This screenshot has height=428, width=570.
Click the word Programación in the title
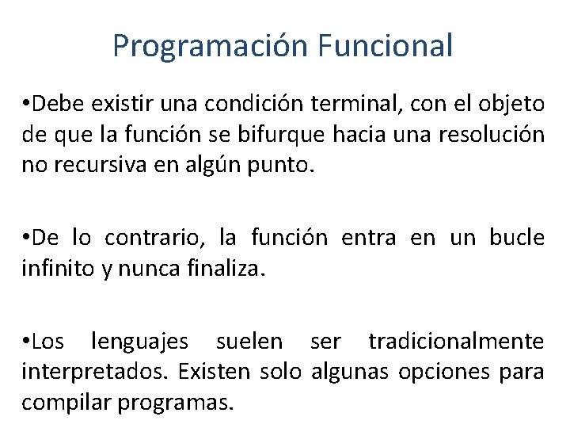click(x=209, y=46)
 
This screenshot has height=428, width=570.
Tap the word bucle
click(x=517, y=237)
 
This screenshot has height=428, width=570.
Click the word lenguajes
click(x=140, y=342)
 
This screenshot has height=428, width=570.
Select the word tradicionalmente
click(x=456, y=342)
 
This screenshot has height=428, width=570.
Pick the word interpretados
click(x=94, y=371)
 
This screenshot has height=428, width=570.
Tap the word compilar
click(x=66, y=402)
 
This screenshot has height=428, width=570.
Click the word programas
click(x=175, y=402)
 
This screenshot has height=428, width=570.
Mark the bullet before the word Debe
click(x=26, y=105)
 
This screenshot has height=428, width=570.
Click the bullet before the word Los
click(x=26, y=342)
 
